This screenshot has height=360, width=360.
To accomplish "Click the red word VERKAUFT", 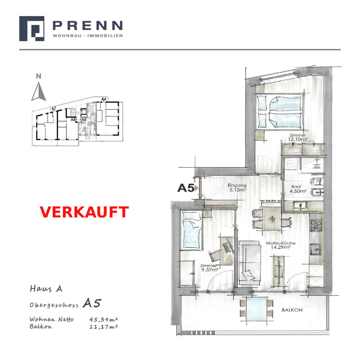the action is [x=84, y=212].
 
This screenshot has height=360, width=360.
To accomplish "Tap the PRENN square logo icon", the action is [x=32, y=28].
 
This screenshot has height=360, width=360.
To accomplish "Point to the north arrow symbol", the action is [x=39, y=92].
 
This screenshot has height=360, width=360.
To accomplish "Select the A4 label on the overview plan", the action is [x=104, y=99].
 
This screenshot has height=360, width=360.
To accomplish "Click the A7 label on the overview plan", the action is [x=54, y=109].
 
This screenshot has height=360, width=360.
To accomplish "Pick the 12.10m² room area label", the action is [x=298, y=139].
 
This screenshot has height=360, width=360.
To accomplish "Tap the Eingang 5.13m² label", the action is [x=237, y=188].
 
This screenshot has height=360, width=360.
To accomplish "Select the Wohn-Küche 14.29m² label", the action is [x=281, y=245].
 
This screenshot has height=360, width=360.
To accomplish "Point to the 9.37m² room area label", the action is [x=210, y=270].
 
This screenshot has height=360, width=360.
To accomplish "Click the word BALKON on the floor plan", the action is [x=292, y=310].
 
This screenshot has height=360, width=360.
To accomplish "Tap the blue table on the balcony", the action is [x=257, y=309].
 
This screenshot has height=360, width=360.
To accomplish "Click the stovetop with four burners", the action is [x=316, y=226].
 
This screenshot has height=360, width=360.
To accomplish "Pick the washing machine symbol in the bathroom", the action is [x=291, y=164].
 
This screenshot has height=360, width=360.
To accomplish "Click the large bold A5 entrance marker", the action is [x=186, y=188].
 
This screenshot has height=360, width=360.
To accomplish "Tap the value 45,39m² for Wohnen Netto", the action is [x=104, y=319].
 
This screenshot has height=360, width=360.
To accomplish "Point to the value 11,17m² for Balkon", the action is [x=104, y=327].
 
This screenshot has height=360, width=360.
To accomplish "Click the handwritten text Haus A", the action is [x=46, y=289].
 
